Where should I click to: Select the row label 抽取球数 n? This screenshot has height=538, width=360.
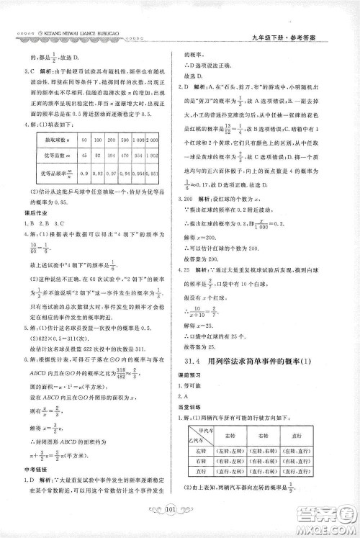pyautogui.click(x=56, y=137)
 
